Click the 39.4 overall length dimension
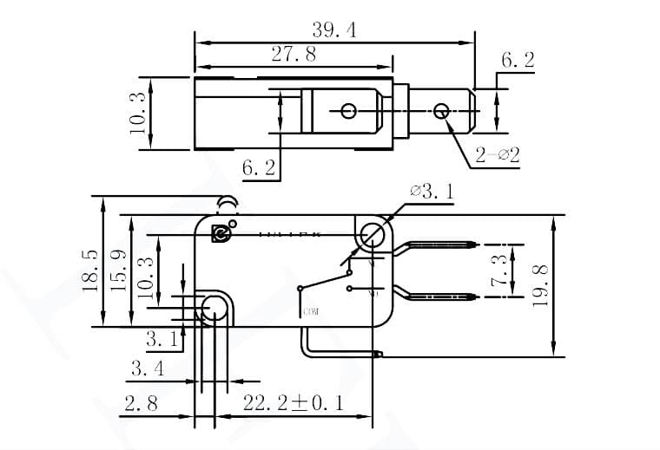pyautogui.click(x=333, y=30)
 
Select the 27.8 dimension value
pyautogui.click(x=294, y=55)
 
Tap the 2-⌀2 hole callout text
pyautogui.click(x=497, y=156)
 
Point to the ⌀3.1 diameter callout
pyautogui.click(x=431, y=192)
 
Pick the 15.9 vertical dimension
pyautogui.click(x=119, y=271)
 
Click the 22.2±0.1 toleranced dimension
pyautogui.click(x=294, y=403)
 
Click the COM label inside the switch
pyautogui.click(x=311, y=311)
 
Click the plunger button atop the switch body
pyautogui.click(x=228, y=205)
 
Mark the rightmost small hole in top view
pyautogui.click(x=441, y=111)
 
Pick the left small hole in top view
pyautogui.click(x=348, y=111)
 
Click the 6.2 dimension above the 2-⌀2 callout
pyautogui.click(x=518, y=61)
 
